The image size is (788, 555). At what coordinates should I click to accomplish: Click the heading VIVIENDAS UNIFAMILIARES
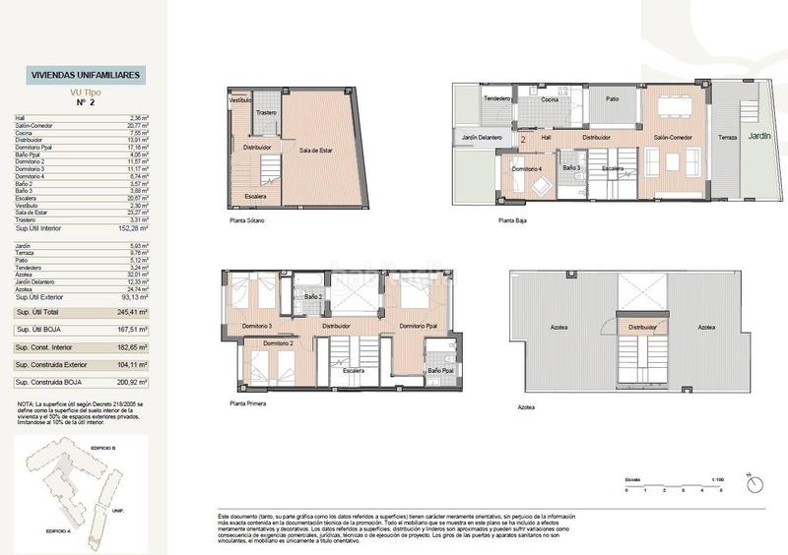point(88,75)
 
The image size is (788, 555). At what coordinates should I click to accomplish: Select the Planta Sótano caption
point(248,222)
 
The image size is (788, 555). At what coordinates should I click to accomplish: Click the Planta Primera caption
point(250,403)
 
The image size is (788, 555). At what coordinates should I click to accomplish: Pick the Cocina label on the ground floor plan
point(550,99)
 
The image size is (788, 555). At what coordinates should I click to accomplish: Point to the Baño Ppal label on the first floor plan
point(441,370)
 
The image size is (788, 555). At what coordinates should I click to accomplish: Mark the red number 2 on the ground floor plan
point(523,139)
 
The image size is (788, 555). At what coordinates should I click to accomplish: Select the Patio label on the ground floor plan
point(612,99)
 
